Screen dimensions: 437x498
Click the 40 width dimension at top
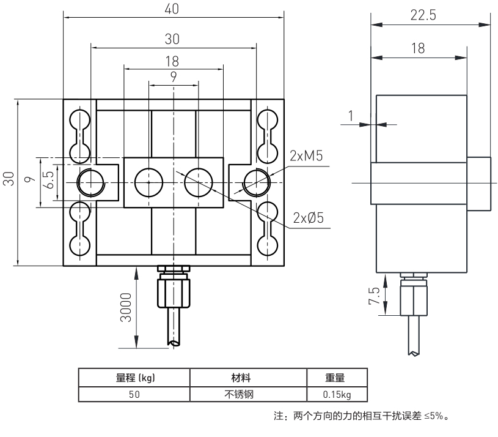(173, 10)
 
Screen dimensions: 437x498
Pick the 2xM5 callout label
(306, 156)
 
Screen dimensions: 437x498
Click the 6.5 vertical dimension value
(49, 181)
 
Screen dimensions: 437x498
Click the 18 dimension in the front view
(173, 61)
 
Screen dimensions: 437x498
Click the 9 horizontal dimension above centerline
(174, 77)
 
